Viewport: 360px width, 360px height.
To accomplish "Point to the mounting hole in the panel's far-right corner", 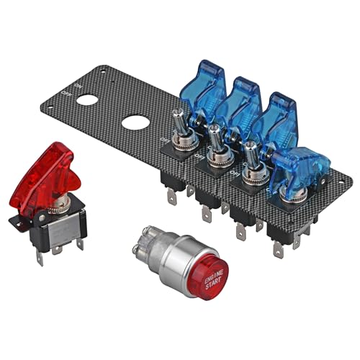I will [x=344, y=177].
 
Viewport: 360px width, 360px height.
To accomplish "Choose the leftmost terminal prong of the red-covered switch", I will [x=41, y=256].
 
